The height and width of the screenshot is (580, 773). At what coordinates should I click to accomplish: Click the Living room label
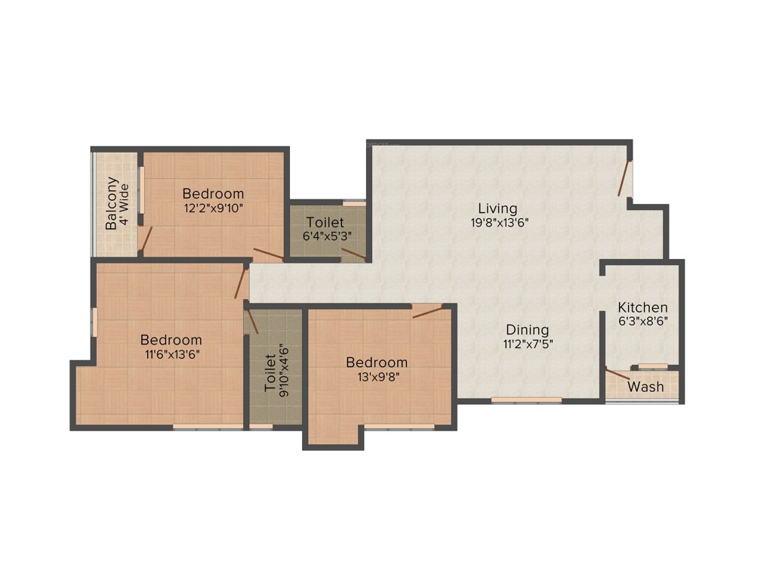(x=497, y=208)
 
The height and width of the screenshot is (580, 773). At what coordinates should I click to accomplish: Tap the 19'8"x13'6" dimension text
(x=497, y=222)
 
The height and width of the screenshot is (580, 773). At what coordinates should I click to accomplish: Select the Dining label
(x=527, y=330)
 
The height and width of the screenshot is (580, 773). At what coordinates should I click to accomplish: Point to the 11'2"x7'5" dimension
(x=527, y=344)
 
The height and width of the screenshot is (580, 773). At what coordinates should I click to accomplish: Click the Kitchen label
(x=642, y=307)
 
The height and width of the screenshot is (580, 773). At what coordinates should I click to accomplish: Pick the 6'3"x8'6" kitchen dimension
(x=642, y=320)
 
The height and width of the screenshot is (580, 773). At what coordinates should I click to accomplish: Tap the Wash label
(x=646, y=387)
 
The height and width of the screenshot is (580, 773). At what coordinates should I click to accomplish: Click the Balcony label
(x=111, y=203)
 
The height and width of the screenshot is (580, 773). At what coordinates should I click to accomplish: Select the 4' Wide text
(x=124, y=203)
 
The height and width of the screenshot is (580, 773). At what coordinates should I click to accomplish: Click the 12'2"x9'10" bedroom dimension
(x=213, y=207)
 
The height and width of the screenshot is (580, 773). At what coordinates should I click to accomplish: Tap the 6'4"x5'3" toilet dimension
(x=325, y=236)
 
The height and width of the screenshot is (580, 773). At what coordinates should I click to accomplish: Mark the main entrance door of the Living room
(x=624, y=179)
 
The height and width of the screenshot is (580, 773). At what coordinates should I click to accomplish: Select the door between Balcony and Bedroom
(x=148, y=239)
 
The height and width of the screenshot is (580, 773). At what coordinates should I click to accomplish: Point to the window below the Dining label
(x=527, y=399)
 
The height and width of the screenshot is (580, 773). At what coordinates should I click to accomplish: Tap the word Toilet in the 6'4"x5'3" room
(x=325, y=223)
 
